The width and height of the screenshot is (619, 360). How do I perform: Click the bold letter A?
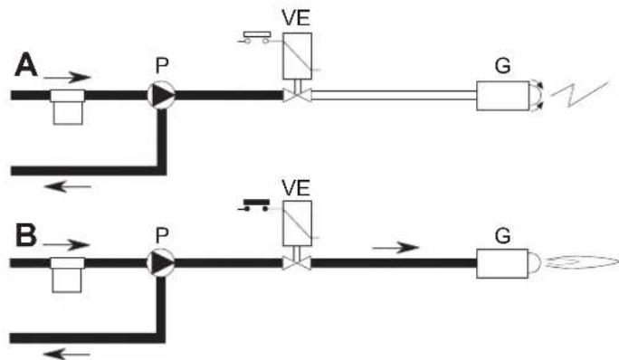point(26,65)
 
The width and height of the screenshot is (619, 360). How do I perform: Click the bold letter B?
point(26,235)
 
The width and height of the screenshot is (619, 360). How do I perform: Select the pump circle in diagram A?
point(161,95)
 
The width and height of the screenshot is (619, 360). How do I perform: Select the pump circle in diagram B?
point(161,263)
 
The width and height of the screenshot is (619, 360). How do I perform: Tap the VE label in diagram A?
point(296,18)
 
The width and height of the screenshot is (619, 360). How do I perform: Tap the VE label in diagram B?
point(296,187)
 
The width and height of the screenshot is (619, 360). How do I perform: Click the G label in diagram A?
point(502,65)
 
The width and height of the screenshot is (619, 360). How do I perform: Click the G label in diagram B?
point(502,236)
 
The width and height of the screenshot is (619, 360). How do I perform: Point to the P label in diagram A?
point(162,65)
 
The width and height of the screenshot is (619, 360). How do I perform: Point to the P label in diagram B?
point(162,235)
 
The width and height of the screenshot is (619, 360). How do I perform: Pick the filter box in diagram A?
point(68,108)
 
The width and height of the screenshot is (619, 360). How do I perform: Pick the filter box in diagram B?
point(67,275)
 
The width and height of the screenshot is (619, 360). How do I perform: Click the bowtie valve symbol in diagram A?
point(297,95)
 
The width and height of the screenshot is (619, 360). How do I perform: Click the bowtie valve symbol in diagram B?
point(297,263)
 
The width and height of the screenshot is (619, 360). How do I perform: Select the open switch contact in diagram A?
point(255,37)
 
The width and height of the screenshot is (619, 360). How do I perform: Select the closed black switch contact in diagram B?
point(254,205)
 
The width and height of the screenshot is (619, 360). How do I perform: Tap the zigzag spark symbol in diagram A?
point(579,94)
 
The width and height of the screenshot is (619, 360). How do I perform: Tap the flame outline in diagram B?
point(582,263)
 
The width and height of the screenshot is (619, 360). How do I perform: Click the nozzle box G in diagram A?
point(503,96)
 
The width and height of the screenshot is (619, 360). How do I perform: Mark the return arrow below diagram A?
point(68,186)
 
